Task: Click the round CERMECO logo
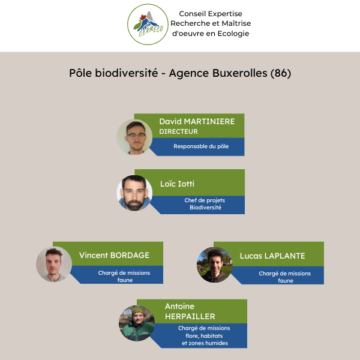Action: (148, 25)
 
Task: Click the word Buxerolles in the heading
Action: (239, 73)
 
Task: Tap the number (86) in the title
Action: (281, 73)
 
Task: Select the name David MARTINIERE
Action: (197, 121)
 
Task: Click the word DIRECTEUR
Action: (178, 131)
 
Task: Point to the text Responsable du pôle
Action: (201, 146)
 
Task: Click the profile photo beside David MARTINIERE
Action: (134, 137)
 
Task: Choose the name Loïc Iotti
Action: (177, 184)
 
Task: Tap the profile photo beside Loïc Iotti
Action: (134, 193)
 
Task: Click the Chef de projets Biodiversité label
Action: (205, 204)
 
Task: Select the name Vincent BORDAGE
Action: (114, 256)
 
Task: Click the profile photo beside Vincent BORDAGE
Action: (54, 264)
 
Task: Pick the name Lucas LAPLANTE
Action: (272, 256)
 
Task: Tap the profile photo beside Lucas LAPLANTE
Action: (215, 265)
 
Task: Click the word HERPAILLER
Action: (190, 317)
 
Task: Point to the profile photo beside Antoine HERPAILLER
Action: (137, 323)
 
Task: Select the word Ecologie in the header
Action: (233, 34)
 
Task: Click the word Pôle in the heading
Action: (80, 73)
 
